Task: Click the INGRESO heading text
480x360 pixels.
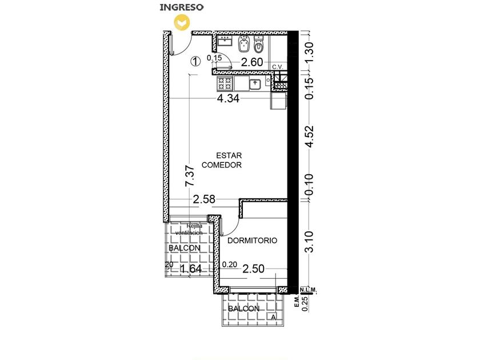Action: coord(182,7)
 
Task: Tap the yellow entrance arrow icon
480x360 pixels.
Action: coord(182,23)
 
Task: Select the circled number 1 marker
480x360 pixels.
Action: coord(195,61)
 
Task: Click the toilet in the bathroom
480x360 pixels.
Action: coord(259,44)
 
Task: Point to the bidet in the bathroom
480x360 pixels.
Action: coord(244,44)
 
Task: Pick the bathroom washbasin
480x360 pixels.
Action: coord(225,41)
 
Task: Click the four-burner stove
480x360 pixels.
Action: coord(225,83)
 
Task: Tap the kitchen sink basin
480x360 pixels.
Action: coord(255,84)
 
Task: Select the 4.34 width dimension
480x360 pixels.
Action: coord(228,98)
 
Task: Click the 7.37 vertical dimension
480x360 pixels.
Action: coord(190,176)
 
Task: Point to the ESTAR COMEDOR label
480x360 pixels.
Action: coord(222,160)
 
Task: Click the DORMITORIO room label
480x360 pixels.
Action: coord(252,241)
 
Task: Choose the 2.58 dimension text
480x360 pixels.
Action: coord(204,199)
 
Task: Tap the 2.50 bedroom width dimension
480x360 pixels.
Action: coord(253,269)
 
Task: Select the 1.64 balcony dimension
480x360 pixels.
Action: coord(191,269)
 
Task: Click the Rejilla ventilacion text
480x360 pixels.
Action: coord(189,229)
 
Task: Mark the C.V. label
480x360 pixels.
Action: coord(278,67)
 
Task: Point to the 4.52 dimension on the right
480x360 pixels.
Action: coord(310,136)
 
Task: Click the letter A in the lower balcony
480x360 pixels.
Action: coord(273,318)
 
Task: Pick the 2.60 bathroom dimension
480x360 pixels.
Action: coord(252,62)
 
